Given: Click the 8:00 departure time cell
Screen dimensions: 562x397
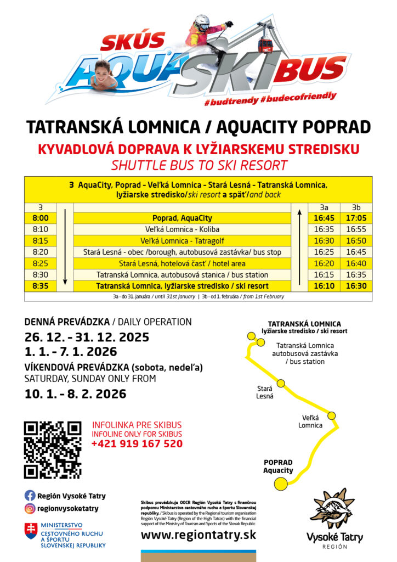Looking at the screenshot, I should (40, 218).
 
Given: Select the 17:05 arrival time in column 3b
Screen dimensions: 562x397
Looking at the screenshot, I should (356, 218).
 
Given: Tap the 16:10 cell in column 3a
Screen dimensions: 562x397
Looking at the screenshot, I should (324, 286).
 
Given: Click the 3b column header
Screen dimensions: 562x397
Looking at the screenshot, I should (356, 207).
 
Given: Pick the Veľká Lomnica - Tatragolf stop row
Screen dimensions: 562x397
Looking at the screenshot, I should (183, 240).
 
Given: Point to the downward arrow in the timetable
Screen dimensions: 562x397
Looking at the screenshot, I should (65, 246).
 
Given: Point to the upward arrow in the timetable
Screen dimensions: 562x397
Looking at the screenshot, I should (299, 246).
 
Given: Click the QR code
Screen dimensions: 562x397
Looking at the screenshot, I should (53, 449).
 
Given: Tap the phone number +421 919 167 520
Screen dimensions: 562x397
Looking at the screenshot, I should (137, 444).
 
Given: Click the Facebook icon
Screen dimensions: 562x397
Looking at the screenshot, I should (30, 496).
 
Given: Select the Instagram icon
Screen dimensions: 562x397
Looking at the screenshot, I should (30, 508).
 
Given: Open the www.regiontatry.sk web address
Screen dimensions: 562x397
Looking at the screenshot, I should (198, 535).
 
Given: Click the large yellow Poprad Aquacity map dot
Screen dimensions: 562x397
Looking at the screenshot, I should (281, 484).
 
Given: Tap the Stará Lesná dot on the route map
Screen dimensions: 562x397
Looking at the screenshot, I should (281, 383).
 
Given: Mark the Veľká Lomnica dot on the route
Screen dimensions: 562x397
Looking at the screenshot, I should (332, 414).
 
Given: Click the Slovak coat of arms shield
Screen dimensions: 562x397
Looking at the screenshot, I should (31, 531).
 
